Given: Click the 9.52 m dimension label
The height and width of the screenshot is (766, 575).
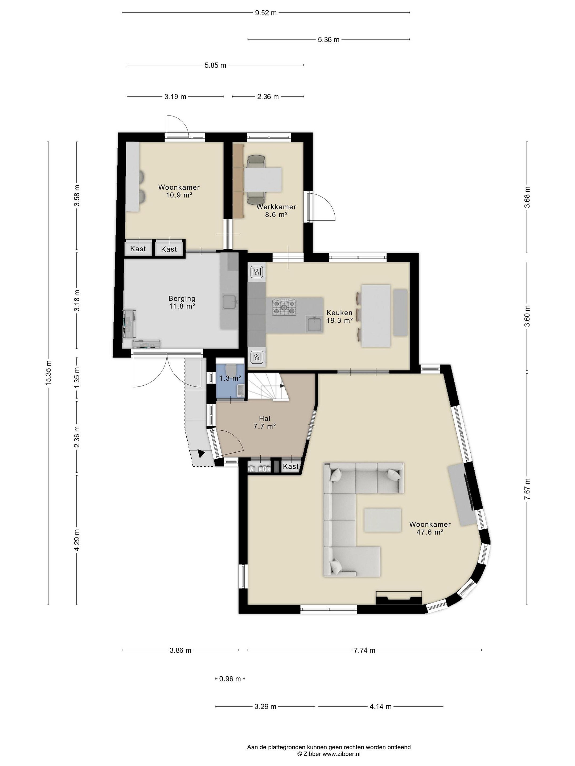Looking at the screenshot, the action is point(266,13).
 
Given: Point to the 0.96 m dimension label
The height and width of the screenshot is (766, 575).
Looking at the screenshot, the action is point(230,679).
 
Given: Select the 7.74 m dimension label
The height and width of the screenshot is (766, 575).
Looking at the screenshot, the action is point(364,650).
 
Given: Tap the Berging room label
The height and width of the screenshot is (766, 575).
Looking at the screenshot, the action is point(182,298).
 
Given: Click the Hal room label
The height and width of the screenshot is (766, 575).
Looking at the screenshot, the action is point(264,419).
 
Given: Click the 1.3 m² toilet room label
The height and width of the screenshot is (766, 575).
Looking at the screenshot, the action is point(230,378).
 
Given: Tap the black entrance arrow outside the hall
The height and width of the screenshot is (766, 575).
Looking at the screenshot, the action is point(201,453).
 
